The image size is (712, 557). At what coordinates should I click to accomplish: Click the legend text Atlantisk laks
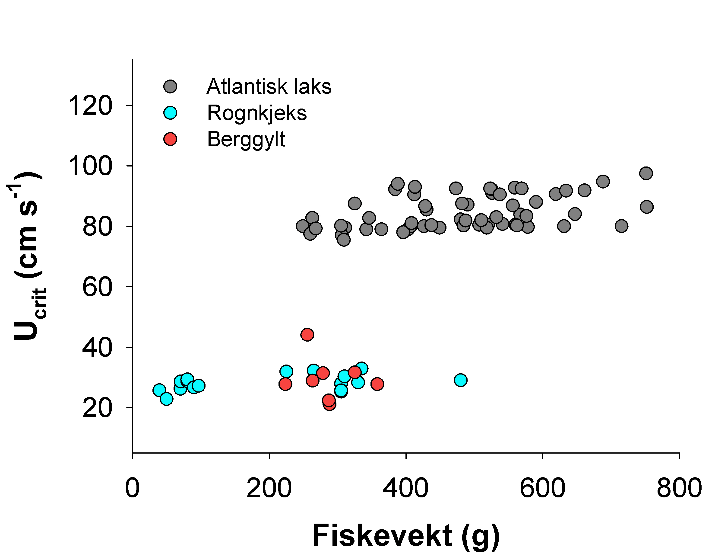click(269, 87)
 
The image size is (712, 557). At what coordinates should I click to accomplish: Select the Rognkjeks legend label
click(257, 113)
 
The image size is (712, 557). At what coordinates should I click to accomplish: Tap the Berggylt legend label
click(246, 139)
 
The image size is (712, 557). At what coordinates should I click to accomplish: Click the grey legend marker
click(170, 86)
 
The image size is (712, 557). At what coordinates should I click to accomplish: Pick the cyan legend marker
click(170, 113)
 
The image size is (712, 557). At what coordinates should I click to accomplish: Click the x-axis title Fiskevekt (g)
click(406, 536)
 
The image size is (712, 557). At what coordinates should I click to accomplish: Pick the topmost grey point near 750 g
click(646, 173)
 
